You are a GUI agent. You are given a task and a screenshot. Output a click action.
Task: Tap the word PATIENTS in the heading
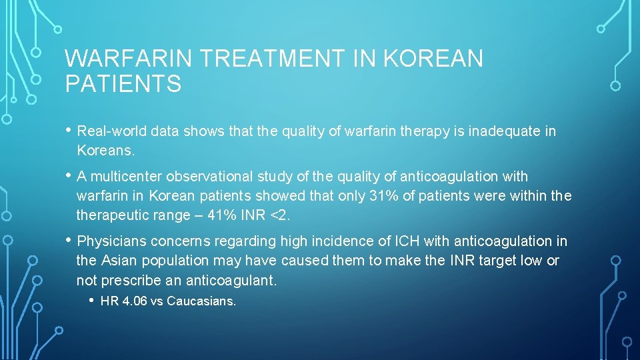(123, 85)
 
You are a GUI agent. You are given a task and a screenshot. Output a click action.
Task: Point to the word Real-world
(112, 131)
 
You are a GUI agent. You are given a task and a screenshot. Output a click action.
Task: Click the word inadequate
(505, 131)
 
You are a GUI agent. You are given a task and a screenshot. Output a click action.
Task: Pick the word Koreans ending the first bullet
(105, 151)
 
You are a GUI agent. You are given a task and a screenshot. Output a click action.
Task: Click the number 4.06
(133, 301)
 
